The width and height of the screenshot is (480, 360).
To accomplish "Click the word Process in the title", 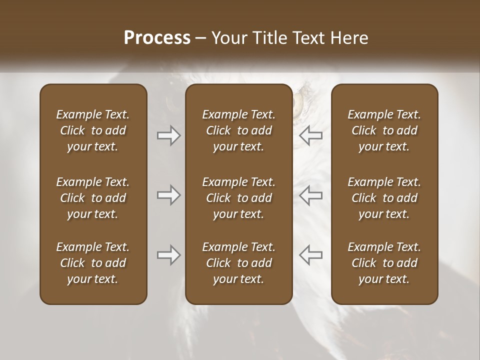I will point(157,37).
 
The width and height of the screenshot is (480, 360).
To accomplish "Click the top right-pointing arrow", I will point(169,135).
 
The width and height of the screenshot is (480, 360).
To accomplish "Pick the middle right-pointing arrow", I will point(169,195).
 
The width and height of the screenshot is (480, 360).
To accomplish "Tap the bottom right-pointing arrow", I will point(169,255).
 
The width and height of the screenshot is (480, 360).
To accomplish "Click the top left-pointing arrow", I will point(310,135).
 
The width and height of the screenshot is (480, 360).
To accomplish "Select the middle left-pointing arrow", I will point(310,195).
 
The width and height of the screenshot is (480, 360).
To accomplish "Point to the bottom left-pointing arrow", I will point(310,255).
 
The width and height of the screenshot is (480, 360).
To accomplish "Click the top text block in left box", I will point(93,130).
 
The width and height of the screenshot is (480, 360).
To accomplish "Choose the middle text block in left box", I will point(93,198).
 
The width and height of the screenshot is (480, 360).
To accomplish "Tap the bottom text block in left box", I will point(93,263).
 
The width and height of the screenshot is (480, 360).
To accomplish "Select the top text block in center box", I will point(238,130).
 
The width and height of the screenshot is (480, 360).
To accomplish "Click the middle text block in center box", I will point(238,198).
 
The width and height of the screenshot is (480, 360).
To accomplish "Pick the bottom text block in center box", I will point(238,263).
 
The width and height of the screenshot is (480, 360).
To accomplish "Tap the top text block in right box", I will point(384,130).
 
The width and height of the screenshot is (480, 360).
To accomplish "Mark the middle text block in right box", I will point(384,198).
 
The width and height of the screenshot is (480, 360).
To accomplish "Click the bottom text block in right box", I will point(384,263).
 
